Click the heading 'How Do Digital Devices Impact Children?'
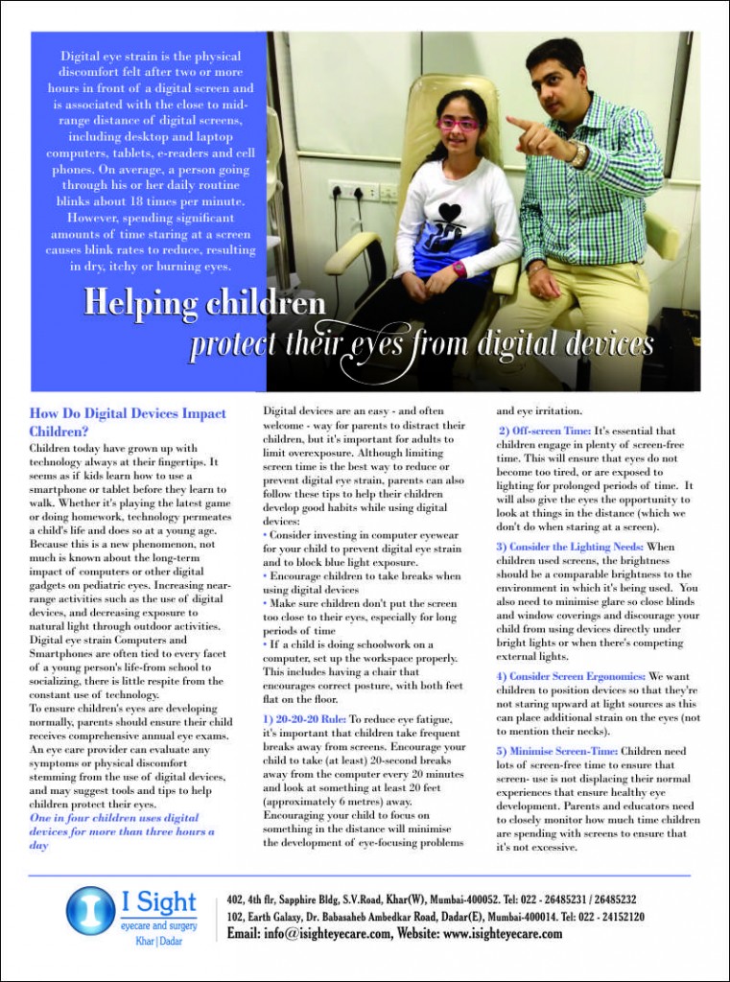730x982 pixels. coord(128,422)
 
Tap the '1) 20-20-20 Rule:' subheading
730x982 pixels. coord(304,719)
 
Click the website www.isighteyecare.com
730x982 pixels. coord(503,935)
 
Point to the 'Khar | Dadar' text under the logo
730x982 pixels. coord(158,943)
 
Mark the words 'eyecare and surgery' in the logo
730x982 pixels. coord(160,925)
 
